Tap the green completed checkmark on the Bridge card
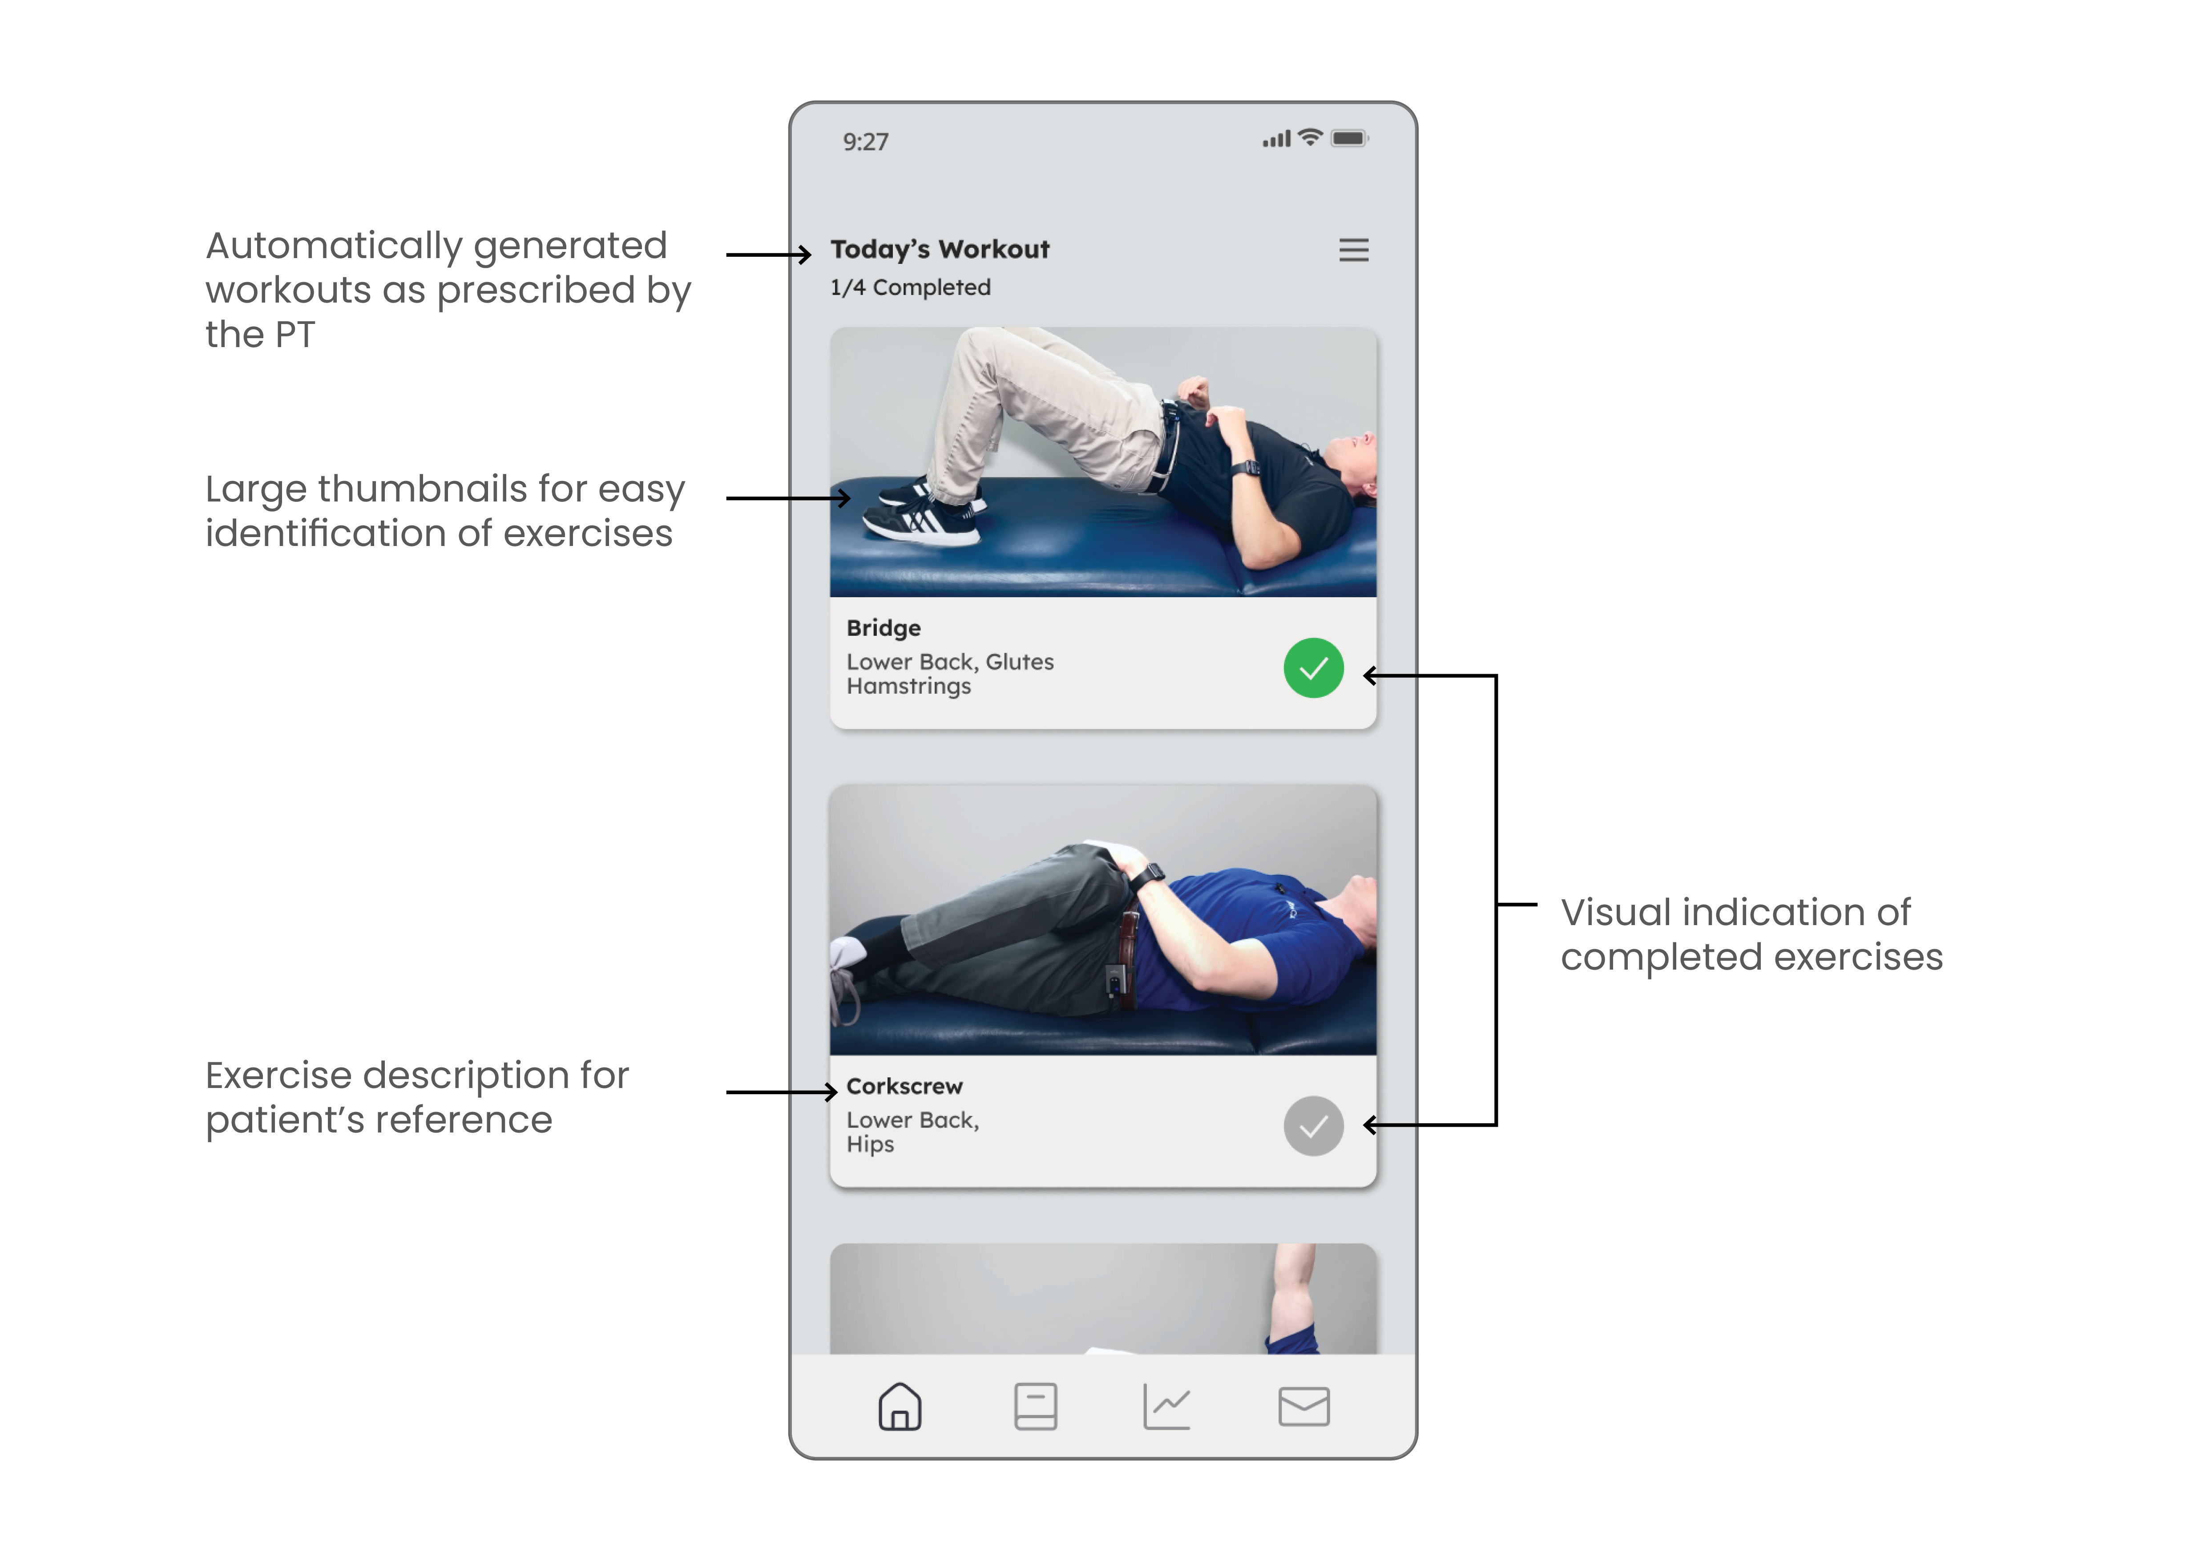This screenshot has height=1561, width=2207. coord(1313,668)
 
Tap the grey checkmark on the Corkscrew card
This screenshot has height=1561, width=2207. coord(1313,1125)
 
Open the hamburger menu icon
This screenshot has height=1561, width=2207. coord(1353,250)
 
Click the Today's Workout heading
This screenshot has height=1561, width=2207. coord(940,250)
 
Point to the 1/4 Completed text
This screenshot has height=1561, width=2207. coord(910,287)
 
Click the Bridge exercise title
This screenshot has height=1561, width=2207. coord(884,629)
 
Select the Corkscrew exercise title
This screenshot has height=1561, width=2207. coord(904,1086)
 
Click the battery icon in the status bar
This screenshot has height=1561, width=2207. coord(1350,138)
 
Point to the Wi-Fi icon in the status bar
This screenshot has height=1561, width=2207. coord(1309,137)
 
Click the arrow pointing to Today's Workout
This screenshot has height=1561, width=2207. coord(769,255)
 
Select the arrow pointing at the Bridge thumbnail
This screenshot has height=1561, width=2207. coord(788,498)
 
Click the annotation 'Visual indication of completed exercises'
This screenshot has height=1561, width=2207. coord(1751,934)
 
